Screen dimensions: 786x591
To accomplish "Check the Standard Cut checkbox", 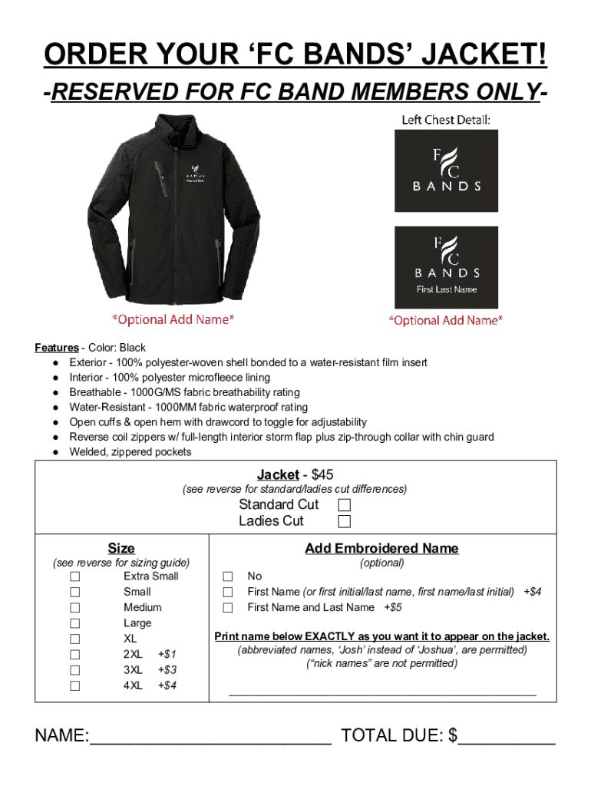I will point(345,505).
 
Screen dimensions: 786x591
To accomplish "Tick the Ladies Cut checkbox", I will point(345,522).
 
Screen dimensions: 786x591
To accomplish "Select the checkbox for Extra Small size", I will point(75,576).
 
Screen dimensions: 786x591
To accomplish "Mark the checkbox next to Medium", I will point(75,608).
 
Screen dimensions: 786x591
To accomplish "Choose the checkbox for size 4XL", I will point(75,686).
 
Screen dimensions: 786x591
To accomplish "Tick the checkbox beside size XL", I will point(75,639).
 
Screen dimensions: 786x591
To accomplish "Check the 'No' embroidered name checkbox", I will point(228,576).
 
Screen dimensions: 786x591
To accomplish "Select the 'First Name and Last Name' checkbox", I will point(228,608).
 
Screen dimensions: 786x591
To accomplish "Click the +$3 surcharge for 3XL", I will point(167,670).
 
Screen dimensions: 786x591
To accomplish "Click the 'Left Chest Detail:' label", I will point(446,120).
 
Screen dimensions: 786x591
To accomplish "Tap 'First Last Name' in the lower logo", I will point(447,289).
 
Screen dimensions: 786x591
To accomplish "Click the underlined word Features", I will point(56,348).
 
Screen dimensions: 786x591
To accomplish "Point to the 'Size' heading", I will point(121,548).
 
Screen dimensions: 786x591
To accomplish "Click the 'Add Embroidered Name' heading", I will point(381,548).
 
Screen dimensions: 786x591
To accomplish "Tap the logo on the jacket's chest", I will point(192,174).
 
